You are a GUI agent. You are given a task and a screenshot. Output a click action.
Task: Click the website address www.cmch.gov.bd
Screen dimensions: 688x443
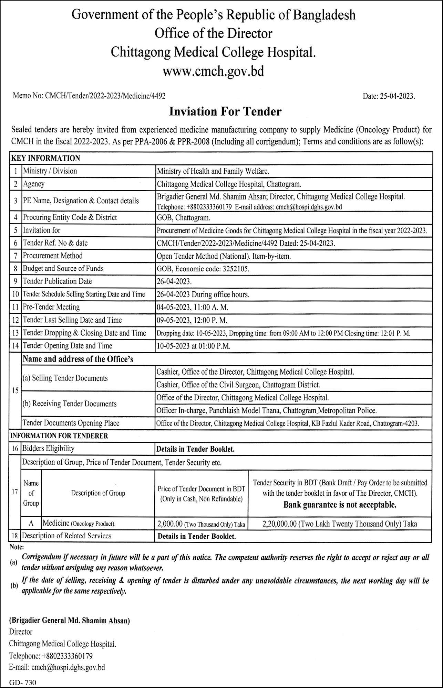213,71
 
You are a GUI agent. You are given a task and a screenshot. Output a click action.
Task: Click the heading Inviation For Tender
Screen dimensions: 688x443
225,111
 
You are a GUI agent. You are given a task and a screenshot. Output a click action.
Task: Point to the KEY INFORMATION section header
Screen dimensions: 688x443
46,158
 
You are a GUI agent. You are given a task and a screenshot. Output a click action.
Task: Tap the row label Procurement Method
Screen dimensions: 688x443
53,256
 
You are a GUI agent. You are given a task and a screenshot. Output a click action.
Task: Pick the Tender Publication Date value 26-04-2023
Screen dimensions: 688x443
174,281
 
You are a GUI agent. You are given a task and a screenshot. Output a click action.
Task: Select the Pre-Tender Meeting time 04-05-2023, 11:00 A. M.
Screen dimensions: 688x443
192,307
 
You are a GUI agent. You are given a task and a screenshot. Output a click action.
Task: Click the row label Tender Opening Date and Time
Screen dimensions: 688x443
68,346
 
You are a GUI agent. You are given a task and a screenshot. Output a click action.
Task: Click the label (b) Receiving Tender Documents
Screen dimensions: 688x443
70,404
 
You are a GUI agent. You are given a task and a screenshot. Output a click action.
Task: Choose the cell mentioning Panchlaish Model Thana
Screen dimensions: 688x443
266,410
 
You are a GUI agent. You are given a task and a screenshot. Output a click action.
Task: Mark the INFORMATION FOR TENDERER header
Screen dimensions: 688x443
59,436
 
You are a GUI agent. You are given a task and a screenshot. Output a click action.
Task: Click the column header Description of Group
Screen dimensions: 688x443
98,493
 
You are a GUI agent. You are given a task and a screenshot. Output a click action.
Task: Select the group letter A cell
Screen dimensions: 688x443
31,524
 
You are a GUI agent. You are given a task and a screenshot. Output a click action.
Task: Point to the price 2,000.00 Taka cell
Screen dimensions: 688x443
201,524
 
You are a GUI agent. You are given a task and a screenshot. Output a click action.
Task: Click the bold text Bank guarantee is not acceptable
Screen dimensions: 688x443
340,505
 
